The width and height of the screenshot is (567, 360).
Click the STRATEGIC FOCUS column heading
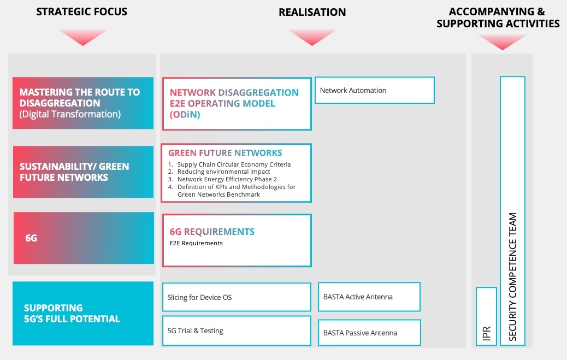pyautogui.click(x=81, y=11)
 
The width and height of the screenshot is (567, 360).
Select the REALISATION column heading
pyautogui.click(x=312, y=12)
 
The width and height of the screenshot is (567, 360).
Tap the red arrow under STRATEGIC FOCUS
pyautogui.click(x=82, y=37)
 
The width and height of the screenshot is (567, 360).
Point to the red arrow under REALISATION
pyautogui.click(x=312, y=37)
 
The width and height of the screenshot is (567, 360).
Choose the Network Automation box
pyautogui.click(x=374, y=90)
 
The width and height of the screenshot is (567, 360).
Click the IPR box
pyautogui.click(x=486, y=316)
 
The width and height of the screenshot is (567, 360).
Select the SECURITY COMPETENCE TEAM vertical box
pyautogui.click(x=512, y=211)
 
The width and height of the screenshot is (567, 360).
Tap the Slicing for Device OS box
pyautogui.click(x=237, y=297)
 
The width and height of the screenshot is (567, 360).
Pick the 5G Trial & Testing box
pyautogui.click(x=237, y=331)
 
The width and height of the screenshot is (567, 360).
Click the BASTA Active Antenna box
pyautogui.click(x=369, y=297)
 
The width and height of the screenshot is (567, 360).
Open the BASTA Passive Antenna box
pyautogui.click(x=369, y=332)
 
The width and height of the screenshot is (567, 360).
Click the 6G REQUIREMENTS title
pyautogui.click(x=212, y=232)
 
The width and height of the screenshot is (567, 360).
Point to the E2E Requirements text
pyautogui.click(x=196, y=243)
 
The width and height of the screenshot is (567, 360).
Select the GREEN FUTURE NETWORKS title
pyautogui.click(x=225, y=153)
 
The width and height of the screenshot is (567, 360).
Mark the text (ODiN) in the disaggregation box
pyautogui.click(x=185, y=115)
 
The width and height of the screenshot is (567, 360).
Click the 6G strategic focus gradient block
pyautogui.click(x=84, y=238)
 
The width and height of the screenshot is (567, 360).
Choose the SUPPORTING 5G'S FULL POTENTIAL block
pyautogui.click(x=83, y=314)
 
